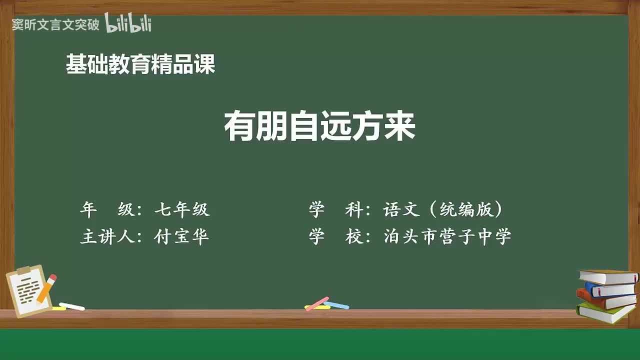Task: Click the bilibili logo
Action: click(x=128, y=24)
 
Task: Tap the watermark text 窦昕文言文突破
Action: click(x=56, y=25)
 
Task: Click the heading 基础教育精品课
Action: click(x=140, y=64)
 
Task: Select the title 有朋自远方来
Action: click(x=320, y=127)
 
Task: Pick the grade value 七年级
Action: click(x=182, y=210)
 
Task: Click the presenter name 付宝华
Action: click(x=182, y=236)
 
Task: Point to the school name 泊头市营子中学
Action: click(x=447, y=236)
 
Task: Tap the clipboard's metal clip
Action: click(x=23, y=271)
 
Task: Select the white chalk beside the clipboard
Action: click(x=72, y=306)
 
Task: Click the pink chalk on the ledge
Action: click(x=316, y=303)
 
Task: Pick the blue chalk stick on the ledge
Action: click(x=337, y=304)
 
